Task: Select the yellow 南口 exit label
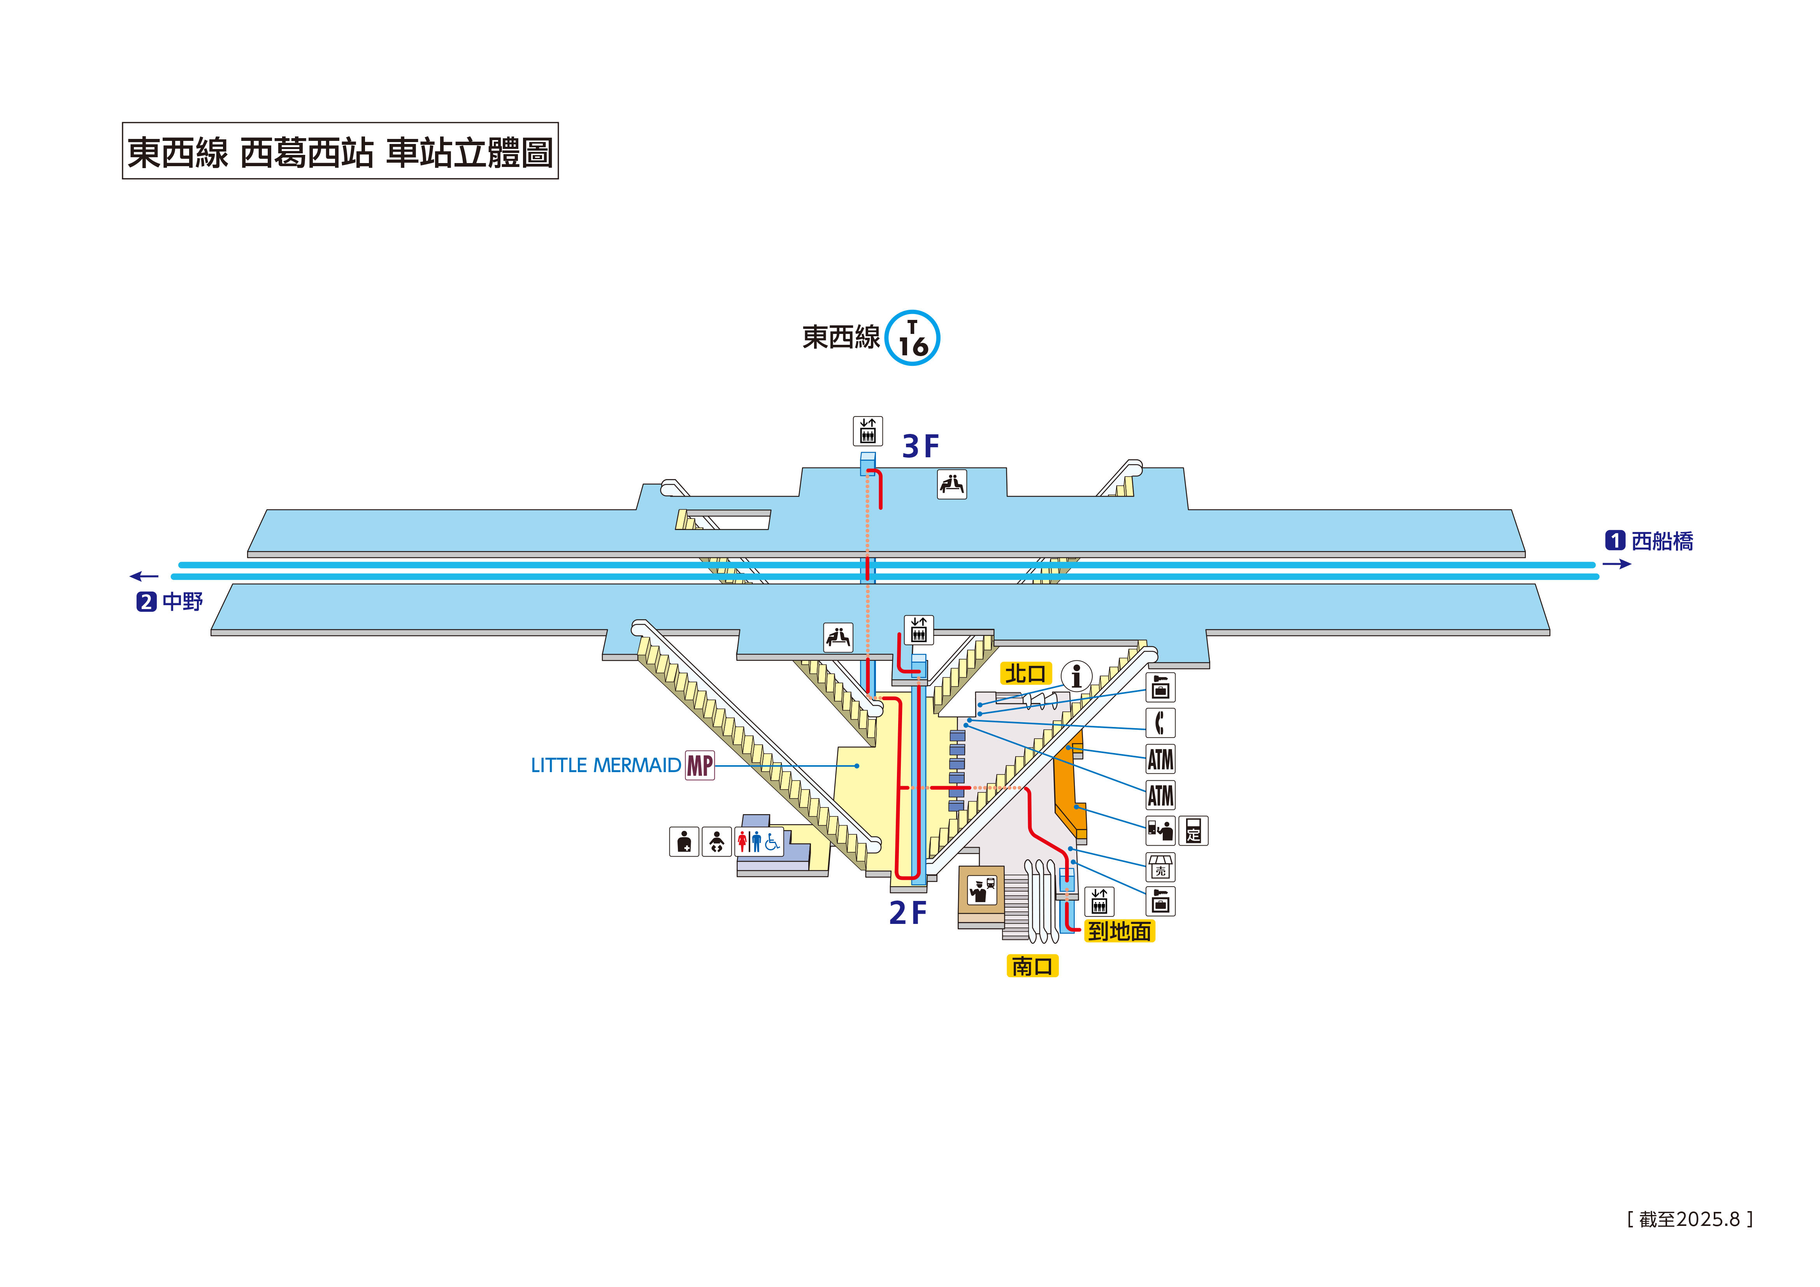coord(1032,966)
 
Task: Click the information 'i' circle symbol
coord(1076,676)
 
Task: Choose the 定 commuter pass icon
coord(1193,831)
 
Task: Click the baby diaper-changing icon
coord(716,841)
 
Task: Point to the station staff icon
coord(981,890)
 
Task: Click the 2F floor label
coord(907,913)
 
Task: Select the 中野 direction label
coord(183,602)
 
